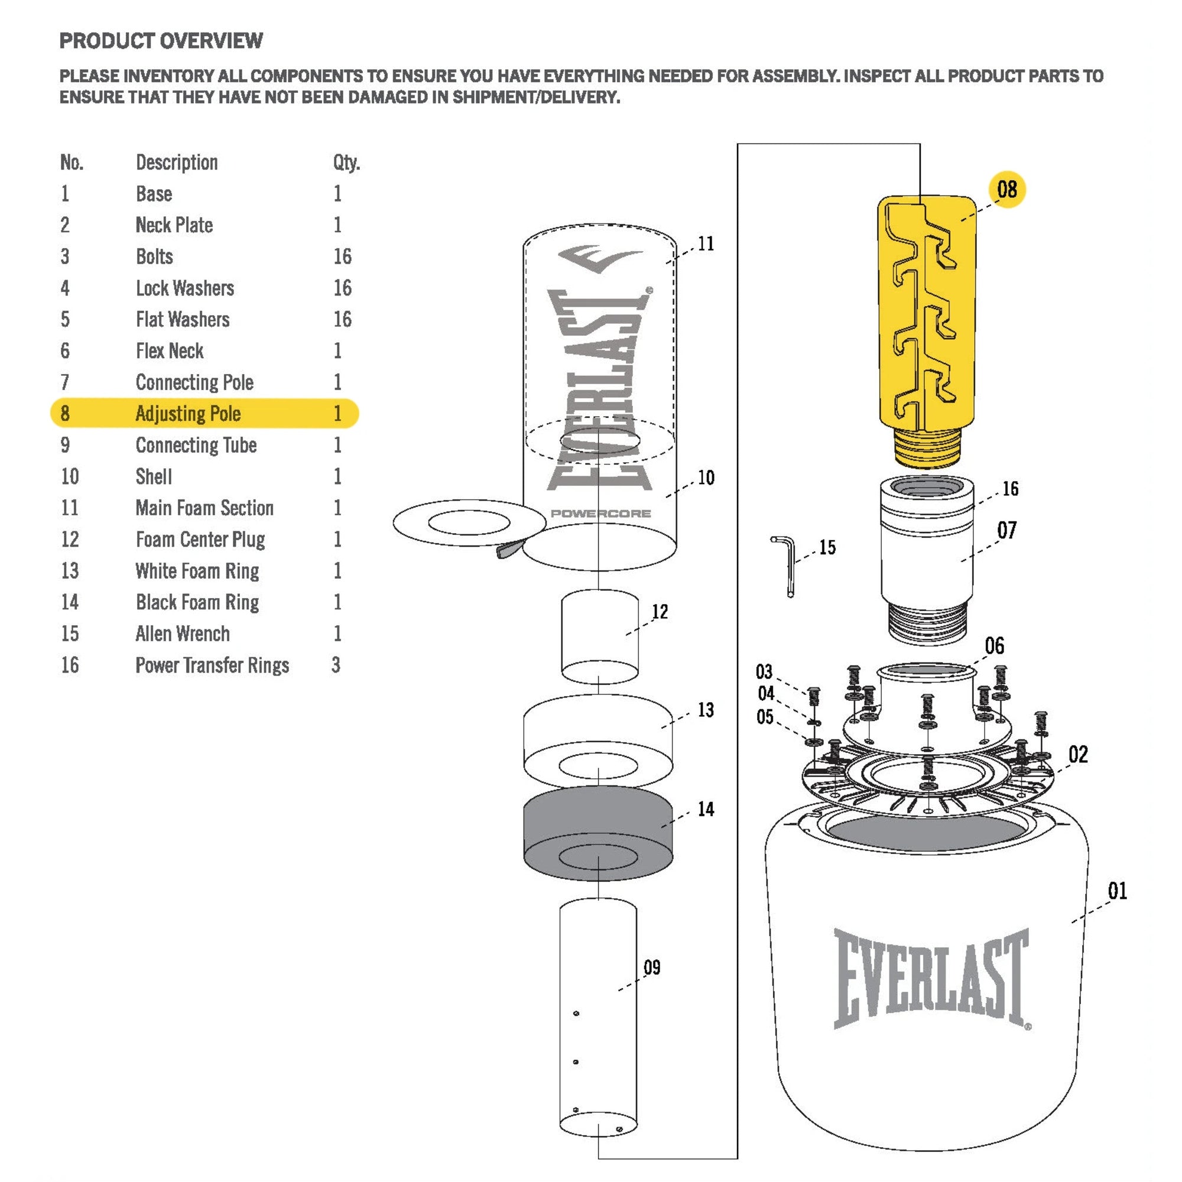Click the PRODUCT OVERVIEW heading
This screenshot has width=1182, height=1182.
[161, 41]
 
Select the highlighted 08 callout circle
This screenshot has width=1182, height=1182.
[1006, 189]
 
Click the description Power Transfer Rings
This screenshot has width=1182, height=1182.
[212, 665]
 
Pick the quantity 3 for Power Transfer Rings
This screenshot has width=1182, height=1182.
[336, 665]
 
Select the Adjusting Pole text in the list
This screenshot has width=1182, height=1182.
[188, 414]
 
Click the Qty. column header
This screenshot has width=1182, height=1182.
[346, 162]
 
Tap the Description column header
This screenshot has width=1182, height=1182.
[177, 162]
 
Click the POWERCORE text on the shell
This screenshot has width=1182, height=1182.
[600, 514]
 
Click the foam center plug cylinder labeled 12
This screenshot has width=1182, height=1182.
[599, 637]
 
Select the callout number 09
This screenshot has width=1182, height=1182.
[652, 967]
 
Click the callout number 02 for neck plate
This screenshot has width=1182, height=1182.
[1078, 754]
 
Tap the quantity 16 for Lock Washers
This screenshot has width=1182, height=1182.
[342, 288]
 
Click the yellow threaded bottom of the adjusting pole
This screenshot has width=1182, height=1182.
[927, 448]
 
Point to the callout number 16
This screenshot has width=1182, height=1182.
[1010, 488]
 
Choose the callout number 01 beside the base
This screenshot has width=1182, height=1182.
[1117, 891]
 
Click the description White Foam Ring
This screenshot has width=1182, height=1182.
[197, 571]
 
